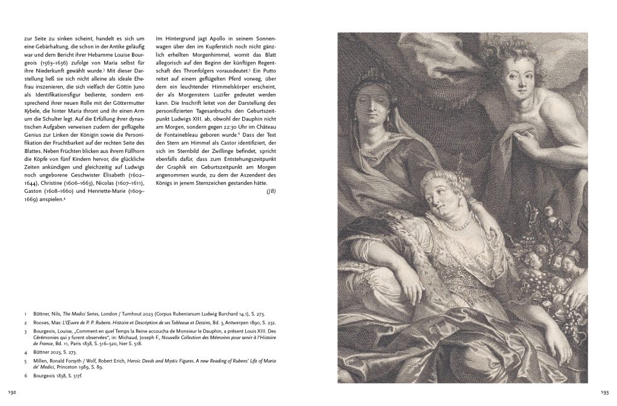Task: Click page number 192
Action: coord(12,392)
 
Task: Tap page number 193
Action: coord(604,392)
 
